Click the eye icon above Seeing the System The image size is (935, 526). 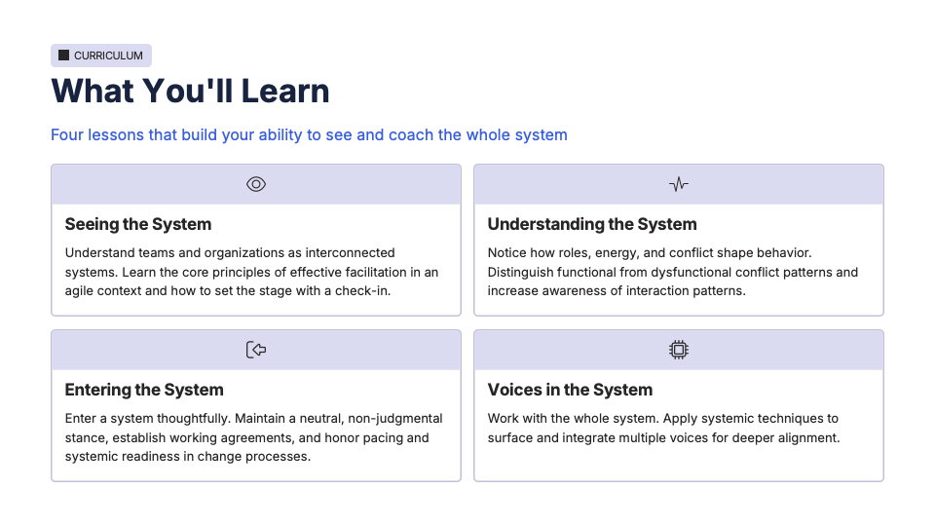[x=256, y=184]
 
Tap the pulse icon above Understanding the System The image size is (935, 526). [x=679, y=184]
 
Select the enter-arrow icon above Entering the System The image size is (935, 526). [x=256, y=350]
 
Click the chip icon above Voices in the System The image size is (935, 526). [x=679, y=350]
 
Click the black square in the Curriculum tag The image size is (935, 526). [x=64, y=56]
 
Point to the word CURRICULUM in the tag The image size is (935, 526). [x=108, y=56]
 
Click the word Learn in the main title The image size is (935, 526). [x=285, y=92]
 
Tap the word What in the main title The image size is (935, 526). [x=93, y=92]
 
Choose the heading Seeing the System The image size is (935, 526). [x=138, y=224]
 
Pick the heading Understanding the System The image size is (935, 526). [x=592, y=224]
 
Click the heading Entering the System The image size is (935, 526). [x=144, y=390]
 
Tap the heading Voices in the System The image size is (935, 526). [x=570, y=390]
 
